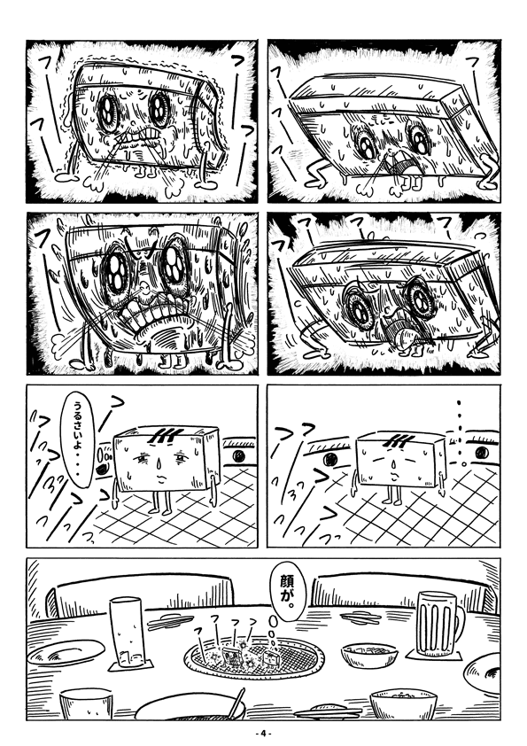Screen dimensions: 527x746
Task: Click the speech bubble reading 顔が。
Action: point(283,591)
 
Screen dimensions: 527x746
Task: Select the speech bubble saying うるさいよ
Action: point(78,439)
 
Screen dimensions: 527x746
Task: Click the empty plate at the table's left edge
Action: point(66,652)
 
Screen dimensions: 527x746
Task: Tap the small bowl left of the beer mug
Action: point(369,656)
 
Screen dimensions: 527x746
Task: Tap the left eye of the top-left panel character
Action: point(108,110)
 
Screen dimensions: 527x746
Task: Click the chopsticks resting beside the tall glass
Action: point(170,620)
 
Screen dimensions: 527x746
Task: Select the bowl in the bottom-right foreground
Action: point(403,703)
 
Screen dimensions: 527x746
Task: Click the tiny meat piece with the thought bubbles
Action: point(272,660)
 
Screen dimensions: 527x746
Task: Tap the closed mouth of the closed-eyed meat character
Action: point(394,474)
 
